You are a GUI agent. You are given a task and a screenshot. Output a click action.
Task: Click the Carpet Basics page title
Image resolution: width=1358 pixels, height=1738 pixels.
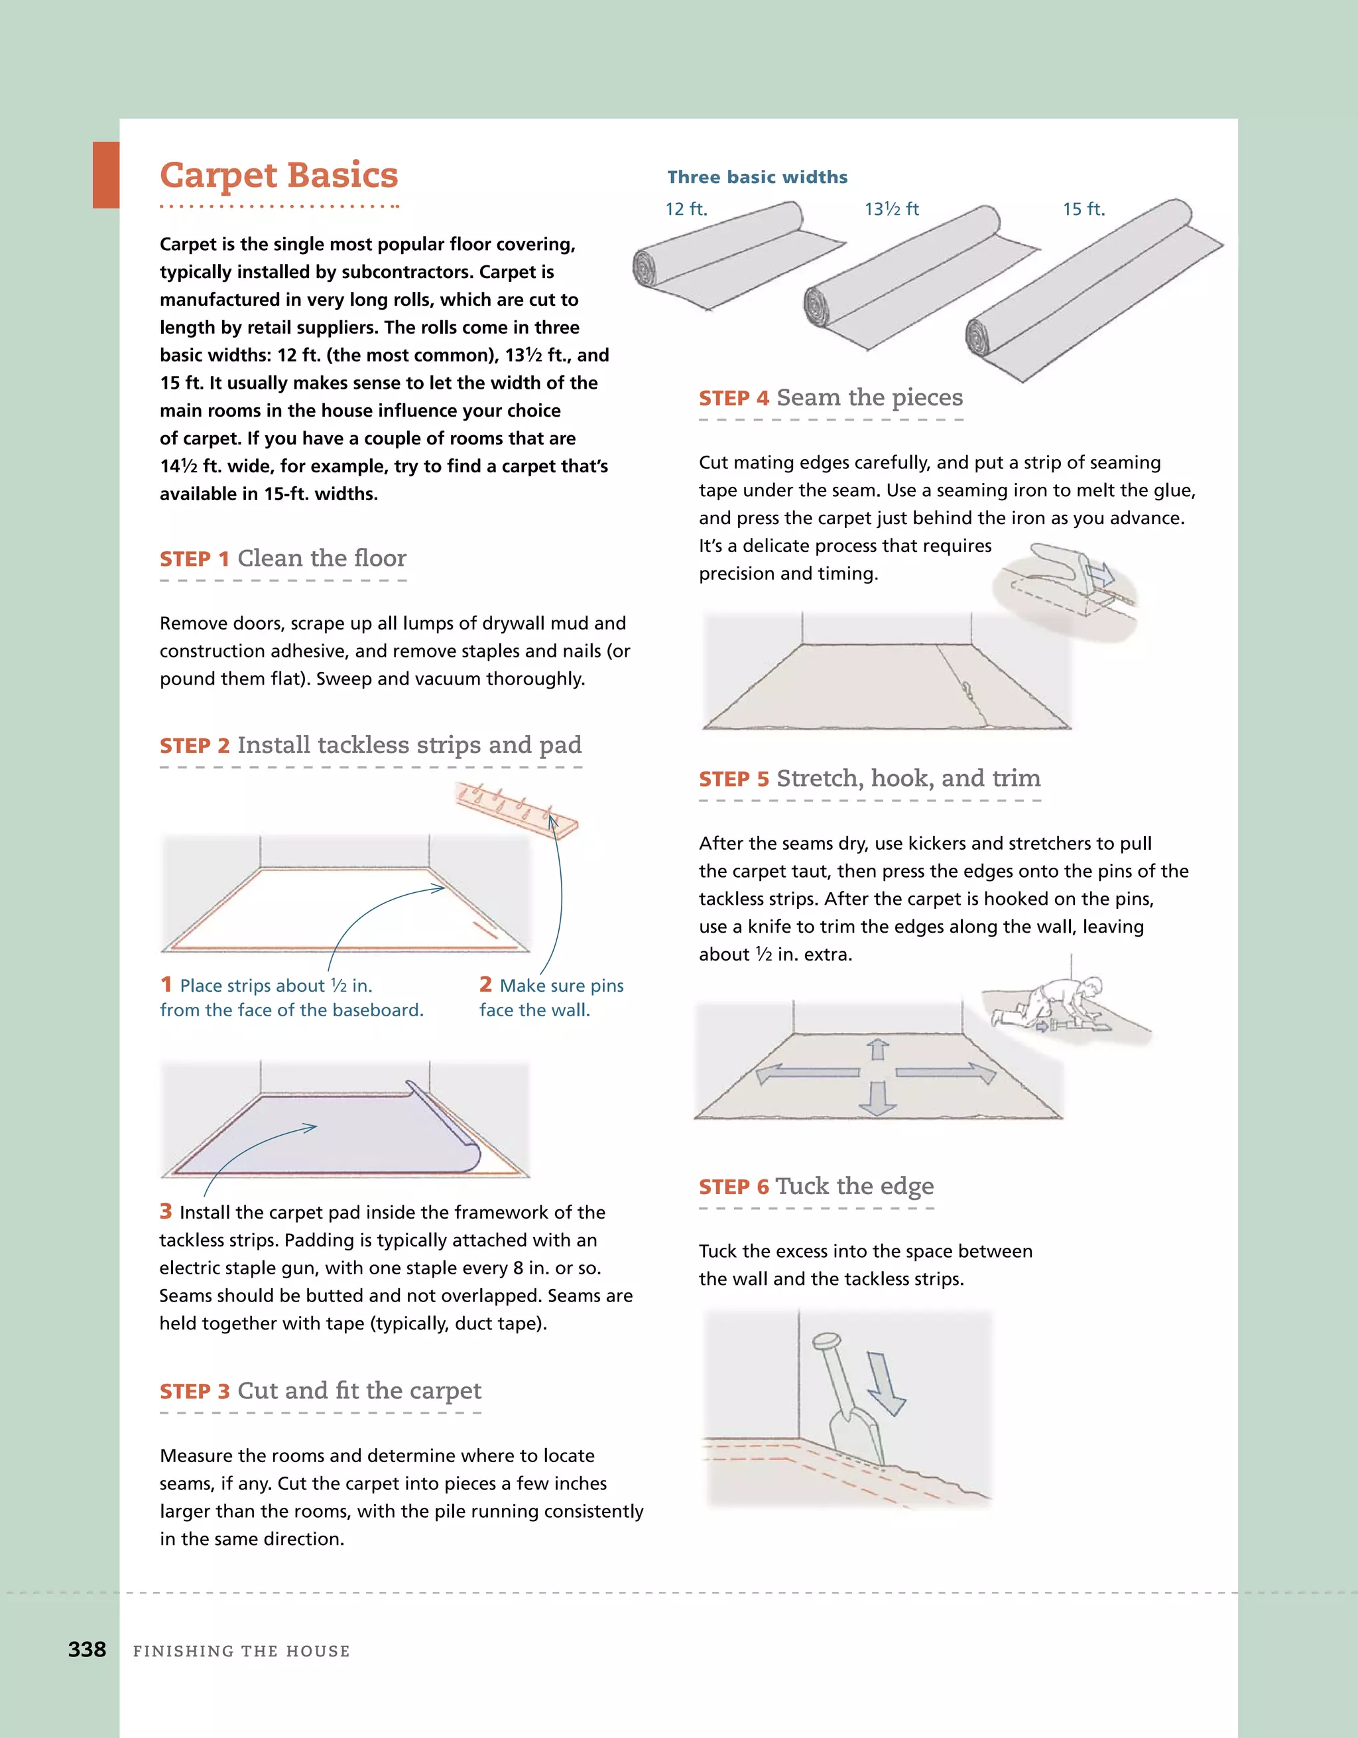[278, 176]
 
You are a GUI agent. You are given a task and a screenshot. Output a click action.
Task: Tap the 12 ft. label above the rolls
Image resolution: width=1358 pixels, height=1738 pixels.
[686, 210]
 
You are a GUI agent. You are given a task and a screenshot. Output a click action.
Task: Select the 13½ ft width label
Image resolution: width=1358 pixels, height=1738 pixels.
[891, 210]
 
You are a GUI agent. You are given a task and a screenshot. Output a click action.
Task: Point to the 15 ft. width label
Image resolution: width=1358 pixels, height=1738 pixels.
[1083, 210]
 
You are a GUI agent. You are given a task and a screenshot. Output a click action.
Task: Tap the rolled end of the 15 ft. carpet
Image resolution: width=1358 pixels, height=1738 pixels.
[979, 338]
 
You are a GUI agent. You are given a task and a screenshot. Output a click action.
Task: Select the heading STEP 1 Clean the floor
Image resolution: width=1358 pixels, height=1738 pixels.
[282, 559]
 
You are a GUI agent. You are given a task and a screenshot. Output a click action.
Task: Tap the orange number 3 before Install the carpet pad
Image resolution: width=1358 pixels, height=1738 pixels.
[166, 1211]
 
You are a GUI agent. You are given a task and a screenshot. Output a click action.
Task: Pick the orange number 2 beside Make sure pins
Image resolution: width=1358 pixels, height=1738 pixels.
[485, 984]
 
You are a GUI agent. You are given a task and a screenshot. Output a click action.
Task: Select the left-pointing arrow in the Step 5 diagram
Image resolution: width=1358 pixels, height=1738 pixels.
[805, 1073]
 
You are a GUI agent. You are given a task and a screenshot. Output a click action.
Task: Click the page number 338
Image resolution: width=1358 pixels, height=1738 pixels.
[87, 1650]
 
